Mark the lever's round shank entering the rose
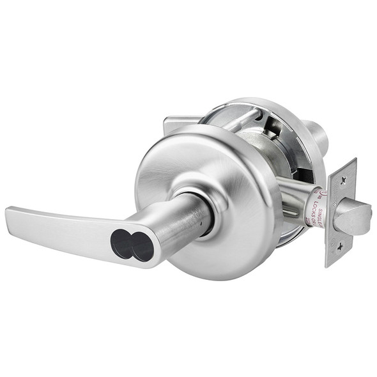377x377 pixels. click(x=192, y=217)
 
